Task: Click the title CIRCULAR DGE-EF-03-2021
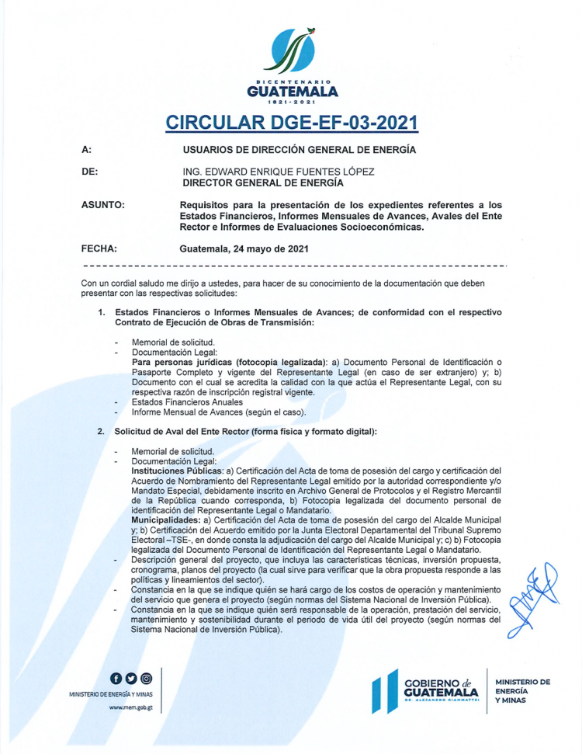(291, 123)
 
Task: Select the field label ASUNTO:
(103, 204)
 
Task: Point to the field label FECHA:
(99, 248)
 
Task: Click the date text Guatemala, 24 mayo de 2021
(244, 248)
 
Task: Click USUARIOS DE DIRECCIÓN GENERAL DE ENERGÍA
(299, 149)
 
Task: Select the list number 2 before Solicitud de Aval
(101, 431)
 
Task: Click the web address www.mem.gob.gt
(130, 707)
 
